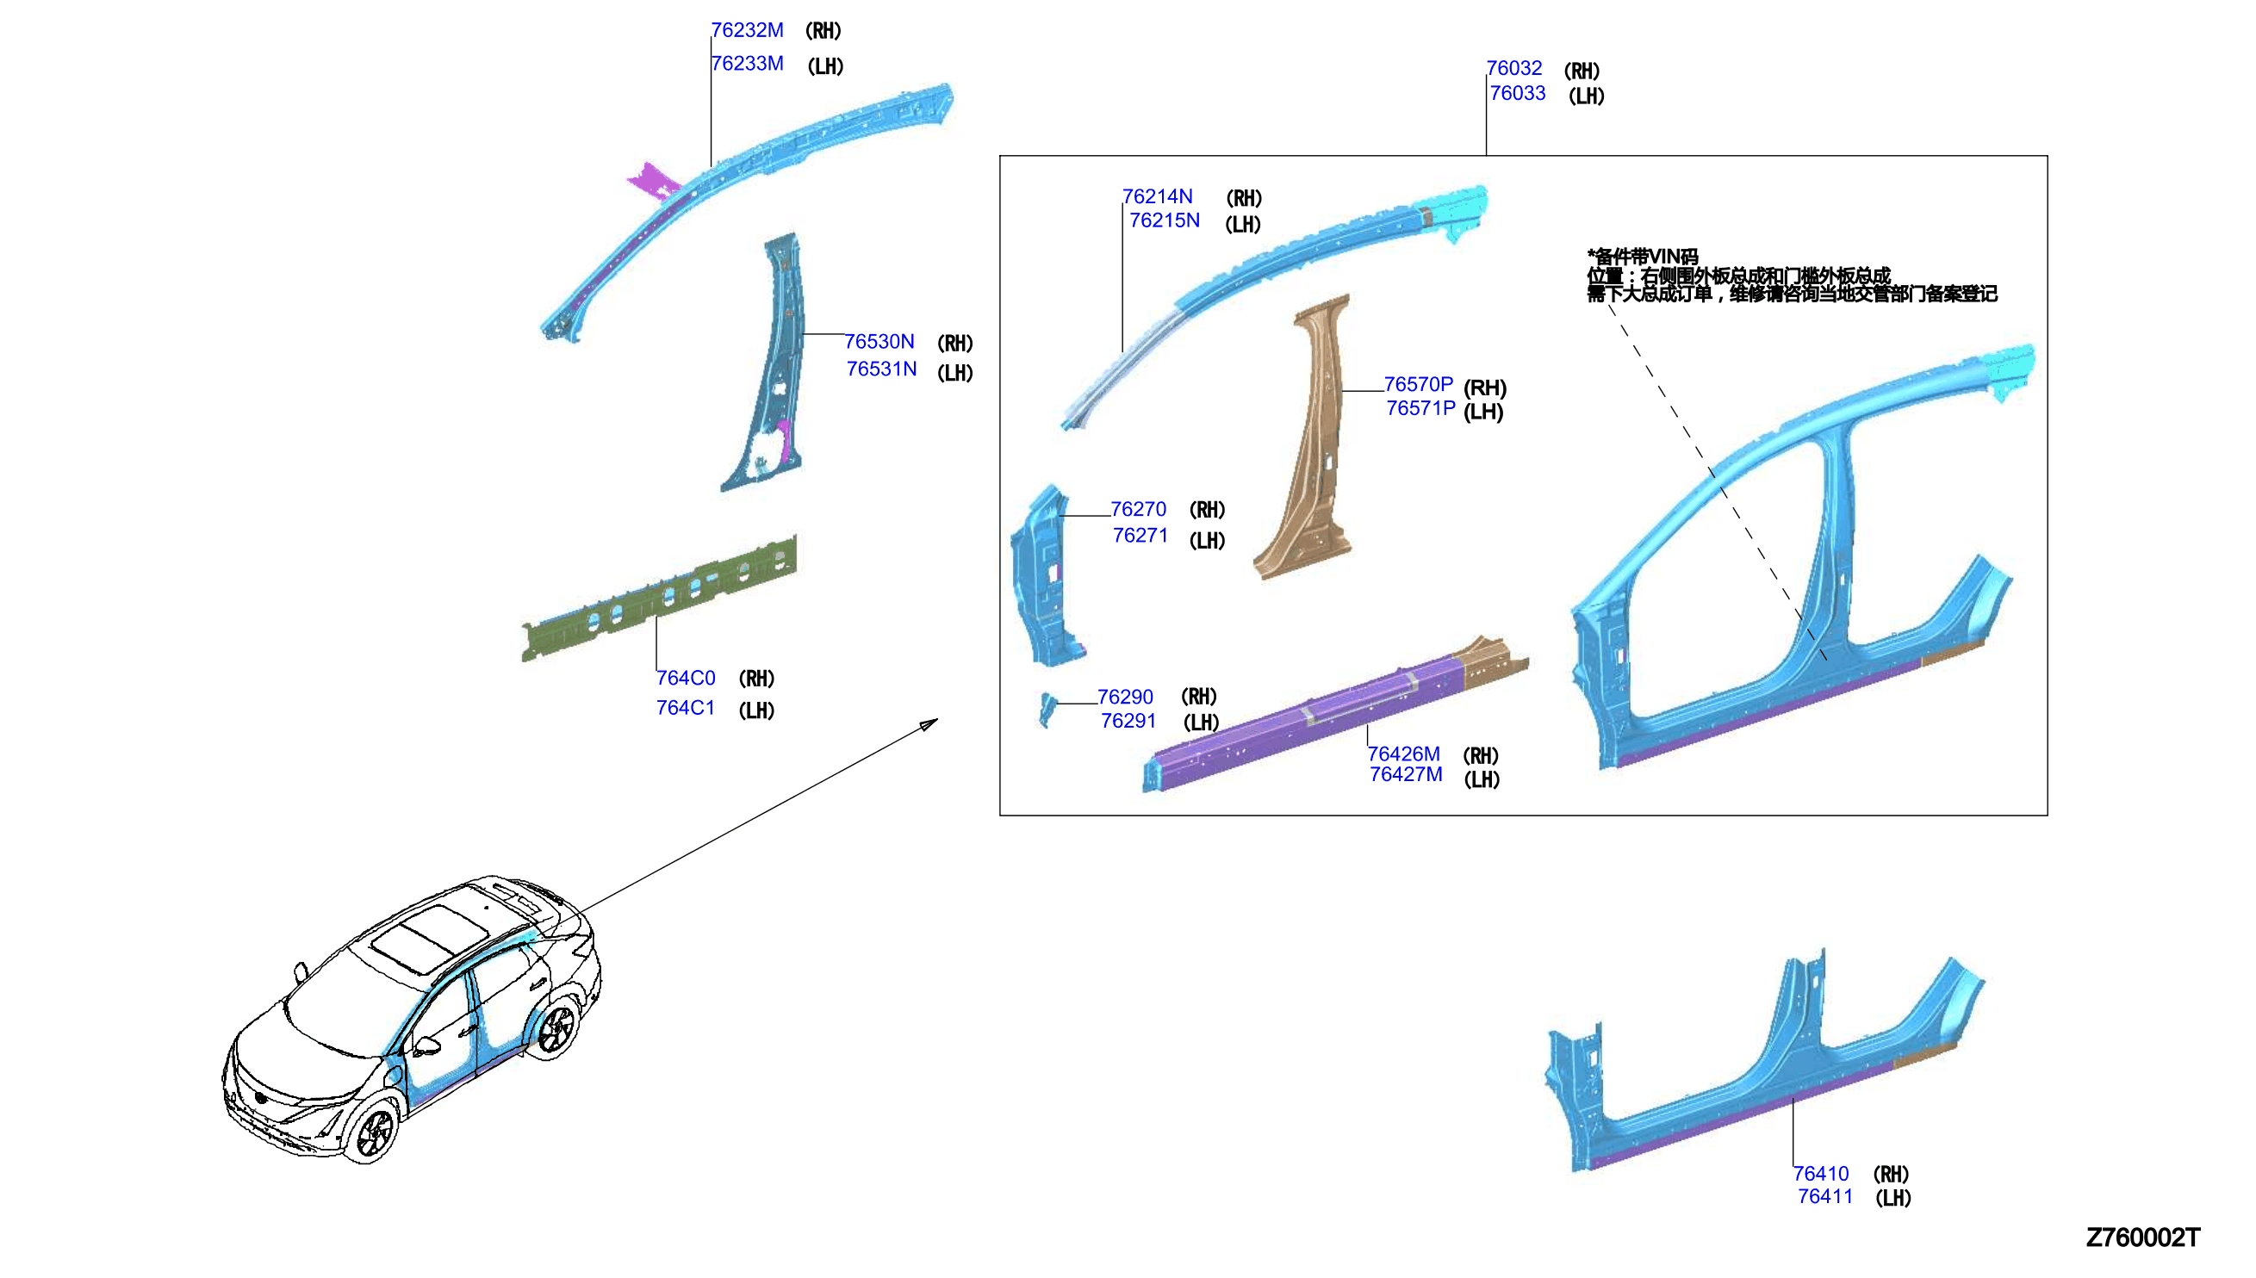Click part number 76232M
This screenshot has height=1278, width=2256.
746,30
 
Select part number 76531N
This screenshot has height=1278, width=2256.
880,369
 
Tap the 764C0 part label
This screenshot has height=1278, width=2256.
686,678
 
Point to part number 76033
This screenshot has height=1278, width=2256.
1517,93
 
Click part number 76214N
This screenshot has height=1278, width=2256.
1157,196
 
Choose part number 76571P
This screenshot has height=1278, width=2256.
1420,408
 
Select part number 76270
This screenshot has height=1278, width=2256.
1139,509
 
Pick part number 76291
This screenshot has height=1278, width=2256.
1128,721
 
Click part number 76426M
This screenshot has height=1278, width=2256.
1403,754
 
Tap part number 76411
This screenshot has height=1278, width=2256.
1825,1196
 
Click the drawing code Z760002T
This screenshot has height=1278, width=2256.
2143,1238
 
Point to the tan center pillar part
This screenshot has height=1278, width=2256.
1305,439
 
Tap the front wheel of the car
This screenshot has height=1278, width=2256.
375,1132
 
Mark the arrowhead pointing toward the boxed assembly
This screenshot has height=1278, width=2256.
929,724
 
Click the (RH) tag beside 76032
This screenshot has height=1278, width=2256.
1581,71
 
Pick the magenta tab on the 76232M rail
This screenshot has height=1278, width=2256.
653,181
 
